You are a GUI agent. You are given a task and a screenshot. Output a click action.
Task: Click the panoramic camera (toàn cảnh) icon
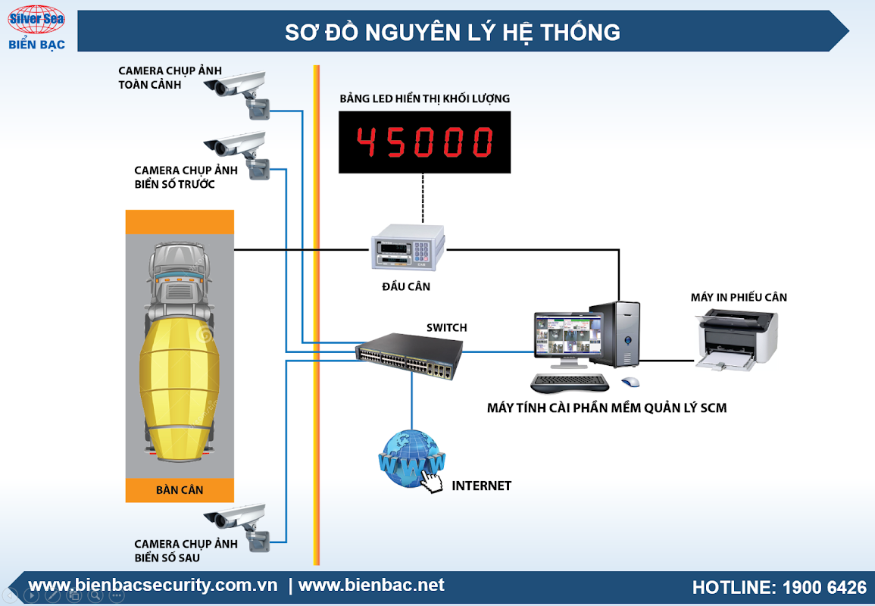(239, 91)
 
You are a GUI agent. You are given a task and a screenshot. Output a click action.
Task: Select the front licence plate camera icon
(239, 151)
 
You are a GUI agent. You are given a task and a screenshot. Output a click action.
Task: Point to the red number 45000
(424, 142)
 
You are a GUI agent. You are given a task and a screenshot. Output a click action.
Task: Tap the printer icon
(737, 338)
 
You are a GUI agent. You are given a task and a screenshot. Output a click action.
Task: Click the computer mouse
(630, 383)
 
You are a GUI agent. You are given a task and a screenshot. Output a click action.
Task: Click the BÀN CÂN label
(180, 490)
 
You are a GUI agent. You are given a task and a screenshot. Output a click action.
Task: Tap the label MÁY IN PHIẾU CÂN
(739, 297)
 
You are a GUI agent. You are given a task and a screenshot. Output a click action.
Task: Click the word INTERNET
(482, 486)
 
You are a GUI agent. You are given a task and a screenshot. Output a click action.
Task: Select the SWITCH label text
(447, 327)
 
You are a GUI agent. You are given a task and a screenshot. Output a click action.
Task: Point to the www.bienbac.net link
(371, 586)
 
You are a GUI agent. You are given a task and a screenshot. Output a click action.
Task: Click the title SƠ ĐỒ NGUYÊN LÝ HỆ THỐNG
(452, 32)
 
